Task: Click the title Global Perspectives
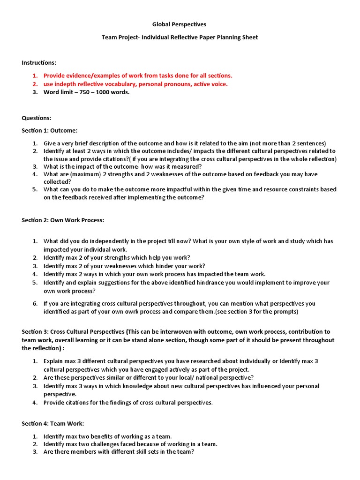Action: [180, 24]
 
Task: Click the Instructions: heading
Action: [39, 62]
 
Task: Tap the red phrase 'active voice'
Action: [210, 84]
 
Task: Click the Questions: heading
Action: [37, 118]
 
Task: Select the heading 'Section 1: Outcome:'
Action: [50, 130]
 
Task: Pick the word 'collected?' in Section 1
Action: [57, 181]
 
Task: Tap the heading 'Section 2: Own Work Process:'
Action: [63, 220]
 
